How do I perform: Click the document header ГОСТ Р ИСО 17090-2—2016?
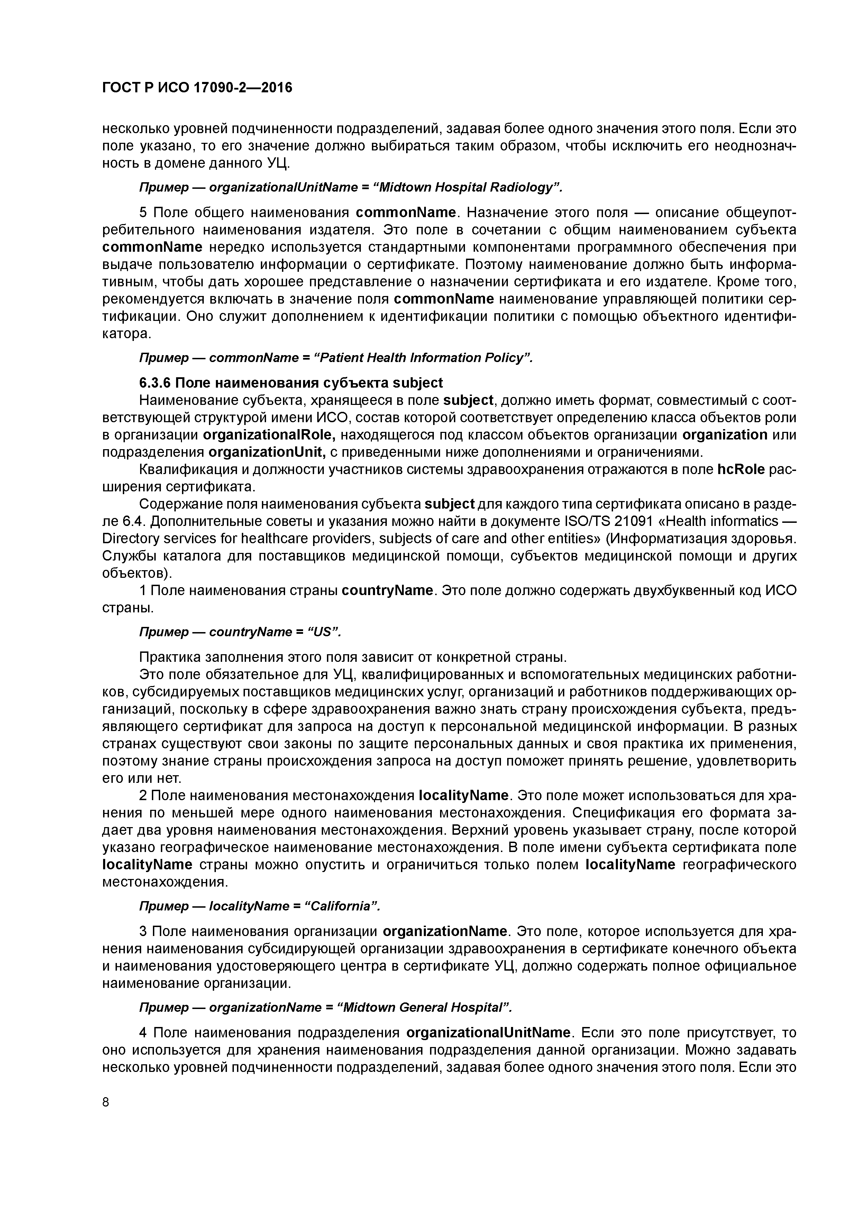click(x=197, y=88)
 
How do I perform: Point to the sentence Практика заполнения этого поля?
click(x=352, y=657)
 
